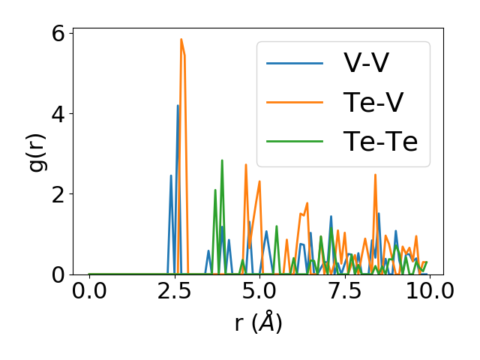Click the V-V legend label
tap(366, 63)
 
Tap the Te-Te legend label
tap(380, 141)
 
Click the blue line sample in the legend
tap(295, 63)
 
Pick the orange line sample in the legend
tap(295, 102)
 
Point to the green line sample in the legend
tap(295, 141)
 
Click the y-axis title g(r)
tap(37, 154)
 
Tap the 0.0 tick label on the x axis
tap(89, 291)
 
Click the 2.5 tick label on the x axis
tap(174, 291)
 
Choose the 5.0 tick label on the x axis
tap(259, 291)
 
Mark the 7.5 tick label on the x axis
tap(344, 291)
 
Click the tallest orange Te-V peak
tap(181, 40)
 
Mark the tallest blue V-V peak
tap(178, 106)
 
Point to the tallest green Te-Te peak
tap(222, 160)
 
